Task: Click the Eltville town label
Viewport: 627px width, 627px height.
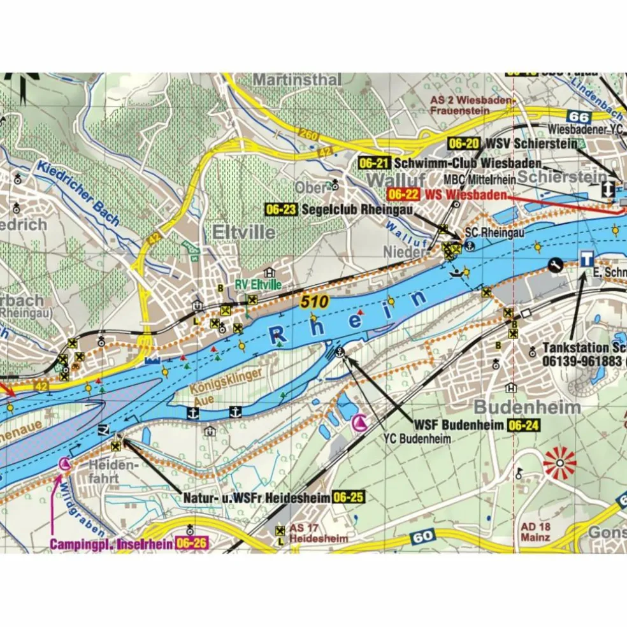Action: click(x=241, y=232)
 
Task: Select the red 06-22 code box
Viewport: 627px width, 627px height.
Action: click(x=403, y=194)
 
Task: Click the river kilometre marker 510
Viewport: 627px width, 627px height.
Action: click(x=315, y=303)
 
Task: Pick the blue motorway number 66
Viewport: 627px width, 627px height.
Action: click(x=579, y=117)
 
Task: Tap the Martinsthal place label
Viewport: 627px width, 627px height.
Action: click(x=297, y=80)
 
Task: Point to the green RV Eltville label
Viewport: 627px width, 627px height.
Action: click(x=258, y=285)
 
